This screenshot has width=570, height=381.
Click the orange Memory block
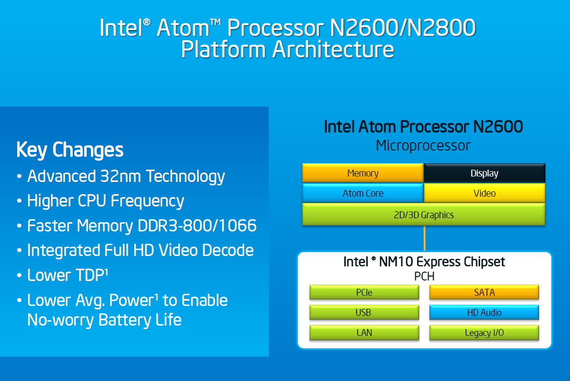363,173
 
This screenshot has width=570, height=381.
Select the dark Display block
484,173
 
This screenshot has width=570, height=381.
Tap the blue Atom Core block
363,193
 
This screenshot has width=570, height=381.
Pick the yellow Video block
484,193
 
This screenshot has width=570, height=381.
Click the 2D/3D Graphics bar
424,214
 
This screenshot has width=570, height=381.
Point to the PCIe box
364,292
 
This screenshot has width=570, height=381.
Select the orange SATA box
484,292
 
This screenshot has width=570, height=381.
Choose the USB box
364,312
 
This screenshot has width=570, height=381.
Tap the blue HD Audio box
484,312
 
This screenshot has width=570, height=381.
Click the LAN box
364,333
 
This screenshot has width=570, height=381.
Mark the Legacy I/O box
484,333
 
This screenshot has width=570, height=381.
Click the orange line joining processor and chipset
424,238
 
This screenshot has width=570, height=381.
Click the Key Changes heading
70,150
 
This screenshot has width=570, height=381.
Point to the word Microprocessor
423,146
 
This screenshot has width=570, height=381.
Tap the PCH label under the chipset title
424,276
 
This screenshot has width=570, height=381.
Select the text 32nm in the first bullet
120,177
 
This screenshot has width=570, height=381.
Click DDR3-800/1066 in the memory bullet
198,226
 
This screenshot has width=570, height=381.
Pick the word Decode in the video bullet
228,251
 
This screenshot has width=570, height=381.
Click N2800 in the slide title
441,27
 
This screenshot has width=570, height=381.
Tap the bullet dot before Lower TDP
19,275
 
